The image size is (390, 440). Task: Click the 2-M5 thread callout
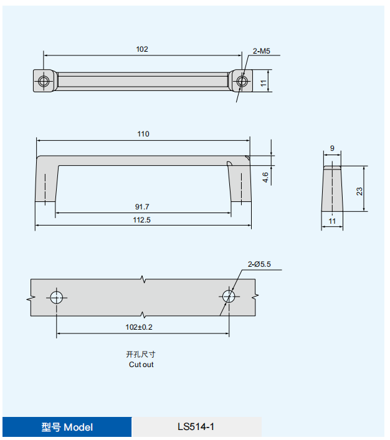point(261,51)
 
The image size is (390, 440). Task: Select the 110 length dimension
point(143,134)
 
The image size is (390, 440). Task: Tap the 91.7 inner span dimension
point(142,207)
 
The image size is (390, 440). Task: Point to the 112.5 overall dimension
point(141,220)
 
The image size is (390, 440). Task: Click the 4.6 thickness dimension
point(265,178)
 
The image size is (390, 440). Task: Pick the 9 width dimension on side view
point(332,148)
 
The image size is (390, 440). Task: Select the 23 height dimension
point(359,191)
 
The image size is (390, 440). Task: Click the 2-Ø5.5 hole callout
point(259,264)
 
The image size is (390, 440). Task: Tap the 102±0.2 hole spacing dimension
point(139,327)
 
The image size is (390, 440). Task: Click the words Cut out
point(141,365)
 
